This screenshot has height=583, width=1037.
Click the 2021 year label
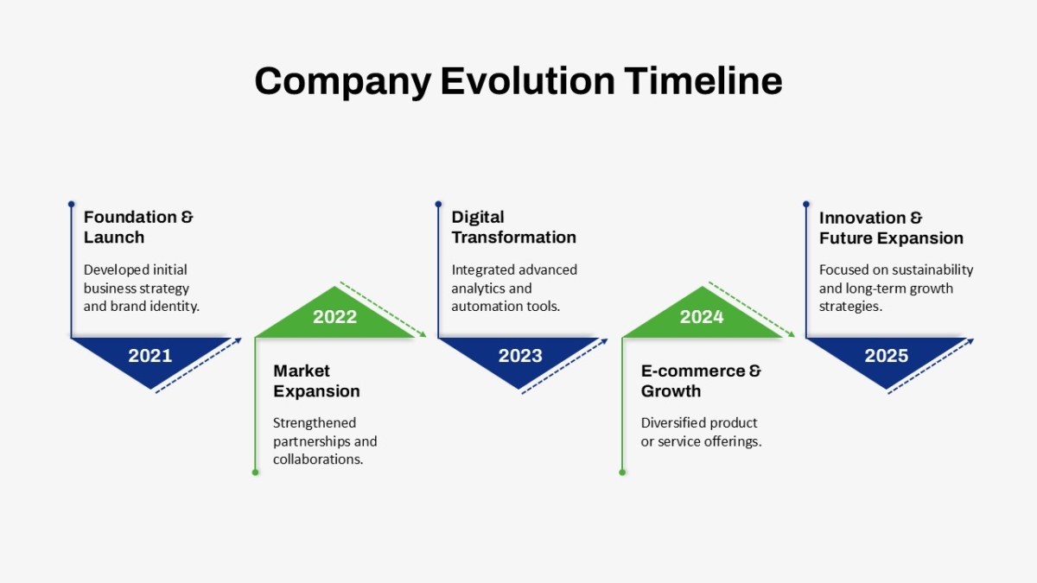click(150, 356)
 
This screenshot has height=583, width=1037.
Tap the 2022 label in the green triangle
click(334, 317)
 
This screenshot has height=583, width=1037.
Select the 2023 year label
click(520, 356)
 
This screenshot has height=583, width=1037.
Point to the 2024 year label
click(702, 317)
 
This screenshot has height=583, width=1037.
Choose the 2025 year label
click(886, 356)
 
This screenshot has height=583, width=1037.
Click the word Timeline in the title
click(703, 81)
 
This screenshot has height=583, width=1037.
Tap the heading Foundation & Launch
click(138, 227)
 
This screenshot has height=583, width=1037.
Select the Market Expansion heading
click(316, 381)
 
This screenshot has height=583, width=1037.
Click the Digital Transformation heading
click(514, 227)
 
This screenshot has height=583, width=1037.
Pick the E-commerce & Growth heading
click(701, 381)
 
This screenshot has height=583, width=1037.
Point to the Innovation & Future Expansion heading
click(891, 228)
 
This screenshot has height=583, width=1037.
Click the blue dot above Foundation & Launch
click(71, 204)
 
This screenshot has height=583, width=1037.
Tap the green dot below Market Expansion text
click(255, 472)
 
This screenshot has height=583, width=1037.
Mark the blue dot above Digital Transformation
click(438, 204)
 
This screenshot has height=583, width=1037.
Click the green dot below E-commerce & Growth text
click(622, 472)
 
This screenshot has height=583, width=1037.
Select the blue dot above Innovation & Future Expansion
click(806, 204)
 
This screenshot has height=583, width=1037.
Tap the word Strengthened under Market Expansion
click(315, 423)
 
